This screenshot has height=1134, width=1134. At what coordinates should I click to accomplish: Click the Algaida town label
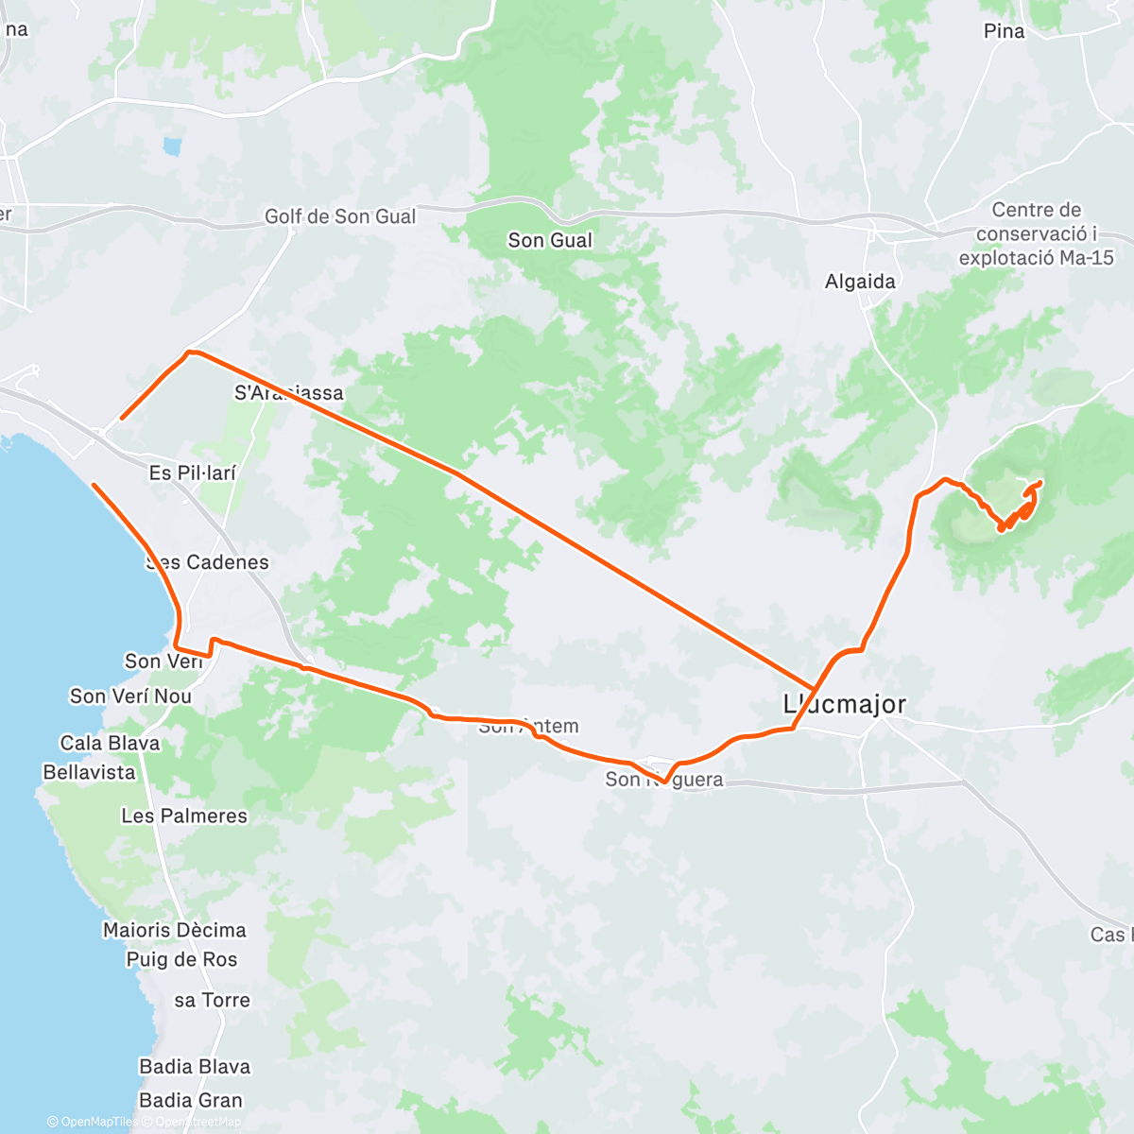[x=860, y=282]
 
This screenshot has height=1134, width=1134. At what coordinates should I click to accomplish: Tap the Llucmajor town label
[x=845, y=704]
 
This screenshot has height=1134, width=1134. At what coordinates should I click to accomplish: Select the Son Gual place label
[x=550, y=240]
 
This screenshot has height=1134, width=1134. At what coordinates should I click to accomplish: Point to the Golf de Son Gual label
[x=340, y=216]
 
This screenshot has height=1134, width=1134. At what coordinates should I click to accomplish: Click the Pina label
[x=1004, y=31]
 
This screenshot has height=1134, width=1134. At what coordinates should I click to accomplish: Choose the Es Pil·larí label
[x=193, y=472]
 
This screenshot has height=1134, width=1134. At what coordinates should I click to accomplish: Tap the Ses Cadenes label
[x=208, y=562]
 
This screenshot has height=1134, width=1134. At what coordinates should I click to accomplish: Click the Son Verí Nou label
[x=130, y=696]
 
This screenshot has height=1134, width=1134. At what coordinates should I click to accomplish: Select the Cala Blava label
[x=110, y=743]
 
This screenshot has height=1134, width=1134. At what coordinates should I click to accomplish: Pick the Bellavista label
[x=90, y=772]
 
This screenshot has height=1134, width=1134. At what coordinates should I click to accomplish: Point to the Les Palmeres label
[x=184, y=816]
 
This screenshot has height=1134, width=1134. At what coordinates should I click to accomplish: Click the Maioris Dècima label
[x=175, y=930]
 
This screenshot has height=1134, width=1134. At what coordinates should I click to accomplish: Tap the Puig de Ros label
[x=182, y=959]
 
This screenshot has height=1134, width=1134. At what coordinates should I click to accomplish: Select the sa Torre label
[x=213, y=1000]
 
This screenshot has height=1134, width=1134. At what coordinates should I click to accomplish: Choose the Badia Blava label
[x=195, y=1067]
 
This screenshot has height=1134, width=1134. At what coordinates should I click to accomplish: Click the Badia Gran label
[x=191, y=1100]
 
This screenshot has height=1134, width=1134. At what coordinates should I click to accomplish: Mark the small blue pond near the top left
[x=171, y=146]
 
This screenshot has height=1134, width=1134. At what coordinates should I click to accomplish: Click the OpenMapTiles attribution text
[x=98, y=1122]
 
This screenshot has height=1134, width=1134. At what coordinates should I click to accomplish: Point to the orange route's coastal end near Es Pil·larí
[x=94, y=486]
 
